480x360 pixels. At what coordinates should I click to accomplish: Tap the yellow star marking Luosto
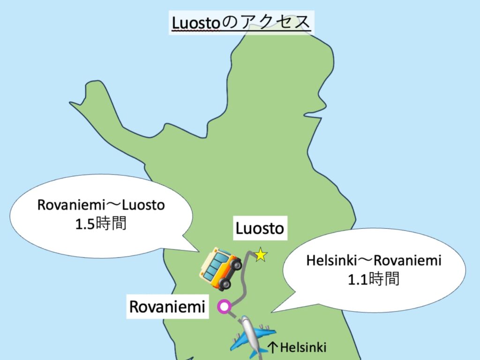[261, 255]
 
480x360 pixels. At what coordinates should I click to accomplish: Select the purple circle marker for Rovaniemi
[225, 307]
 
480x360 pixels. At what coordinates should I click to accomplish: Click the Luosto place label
[260, 229]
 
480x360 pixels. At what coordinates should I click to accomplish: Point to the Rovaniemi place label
[167, 307]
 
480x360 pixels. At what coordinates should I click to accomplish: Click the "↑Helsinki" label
[296, 347]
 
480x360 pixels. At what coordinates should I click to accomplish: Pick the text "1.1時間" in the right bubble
[373, 279]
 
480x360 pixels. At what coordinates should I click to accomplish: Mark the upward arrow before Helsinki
[273, 347]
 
